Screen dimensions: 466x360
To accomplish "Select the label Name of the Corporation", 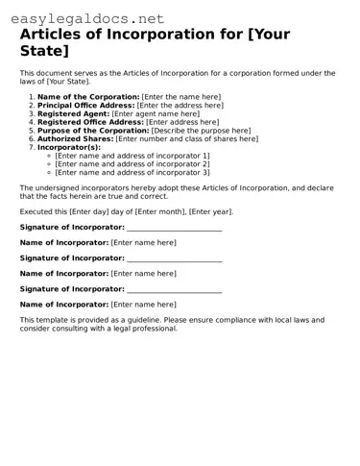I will point(87,97).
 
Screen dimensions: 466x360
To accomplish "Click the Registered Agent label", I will point(74,114).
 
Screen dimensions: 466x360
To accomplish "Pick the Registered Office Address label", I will point(90,122).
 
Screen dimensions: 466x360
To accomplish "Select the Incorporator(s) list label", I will point(68,147).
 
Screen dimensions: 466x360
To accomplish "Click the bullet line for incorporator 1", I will point(132,156).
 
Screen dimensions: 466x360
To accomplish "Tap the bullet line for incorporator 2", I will point(132,164).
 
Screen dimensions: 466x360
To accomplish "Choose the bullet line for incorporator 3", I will point(132,173).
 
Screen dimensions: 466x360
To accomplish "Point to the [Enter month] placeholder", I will point(162,210).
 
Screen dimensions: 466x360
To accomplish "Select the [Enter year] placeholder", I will point(209,210).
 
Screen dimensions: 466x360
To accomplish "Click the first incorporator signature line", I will point(174,229).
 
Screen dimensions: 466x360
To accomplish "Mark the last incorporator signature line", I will point(174,289).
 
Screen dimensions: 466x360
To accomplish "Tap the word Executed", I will point(36,210).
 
